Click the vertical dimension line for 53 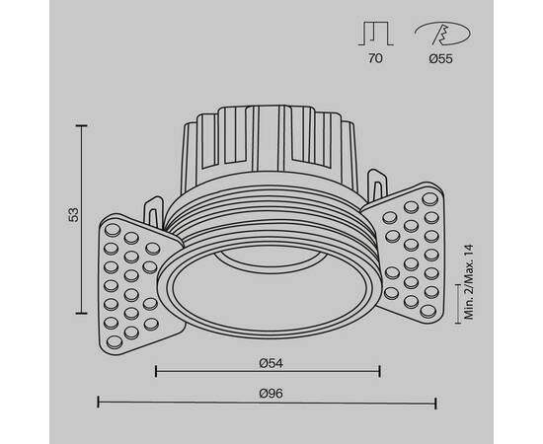[x=81, y=217]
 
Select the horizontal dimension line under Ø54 [x=268, y=371]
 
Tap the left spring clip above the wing [x=154, y=210]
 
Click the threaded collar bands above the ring [x=269, y=219]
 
